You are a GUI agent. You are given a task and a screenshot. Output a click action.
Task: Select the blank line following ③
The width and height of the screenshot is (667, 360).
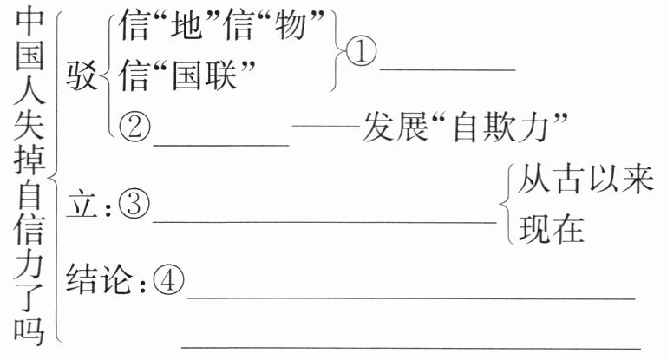click(x=325, y=220)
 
